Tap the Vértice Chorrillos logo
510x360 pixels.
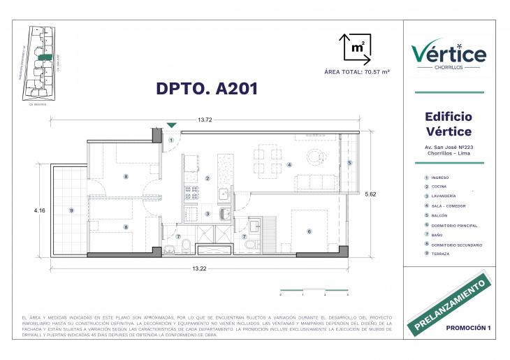[449, 54]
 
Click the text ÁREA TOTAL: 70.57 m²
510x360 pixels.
[357, 72]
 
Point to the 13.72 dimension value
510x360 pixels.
[204, 120]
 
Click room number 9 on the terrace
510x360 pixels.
[71, 210]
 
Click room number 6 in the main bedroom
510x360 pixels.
[309, 231]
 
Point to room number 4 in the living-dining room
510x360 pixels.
[289, 166]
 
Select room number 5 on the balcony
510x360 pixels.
[350, 163]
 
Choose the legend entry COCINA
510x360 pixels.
[439, 187]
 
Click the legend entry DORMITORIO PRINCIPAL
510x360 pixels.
[453, 225]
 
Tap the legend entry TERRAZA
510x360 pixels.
[440, 254]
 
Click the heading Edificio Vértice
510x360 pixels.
[449, 124]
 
